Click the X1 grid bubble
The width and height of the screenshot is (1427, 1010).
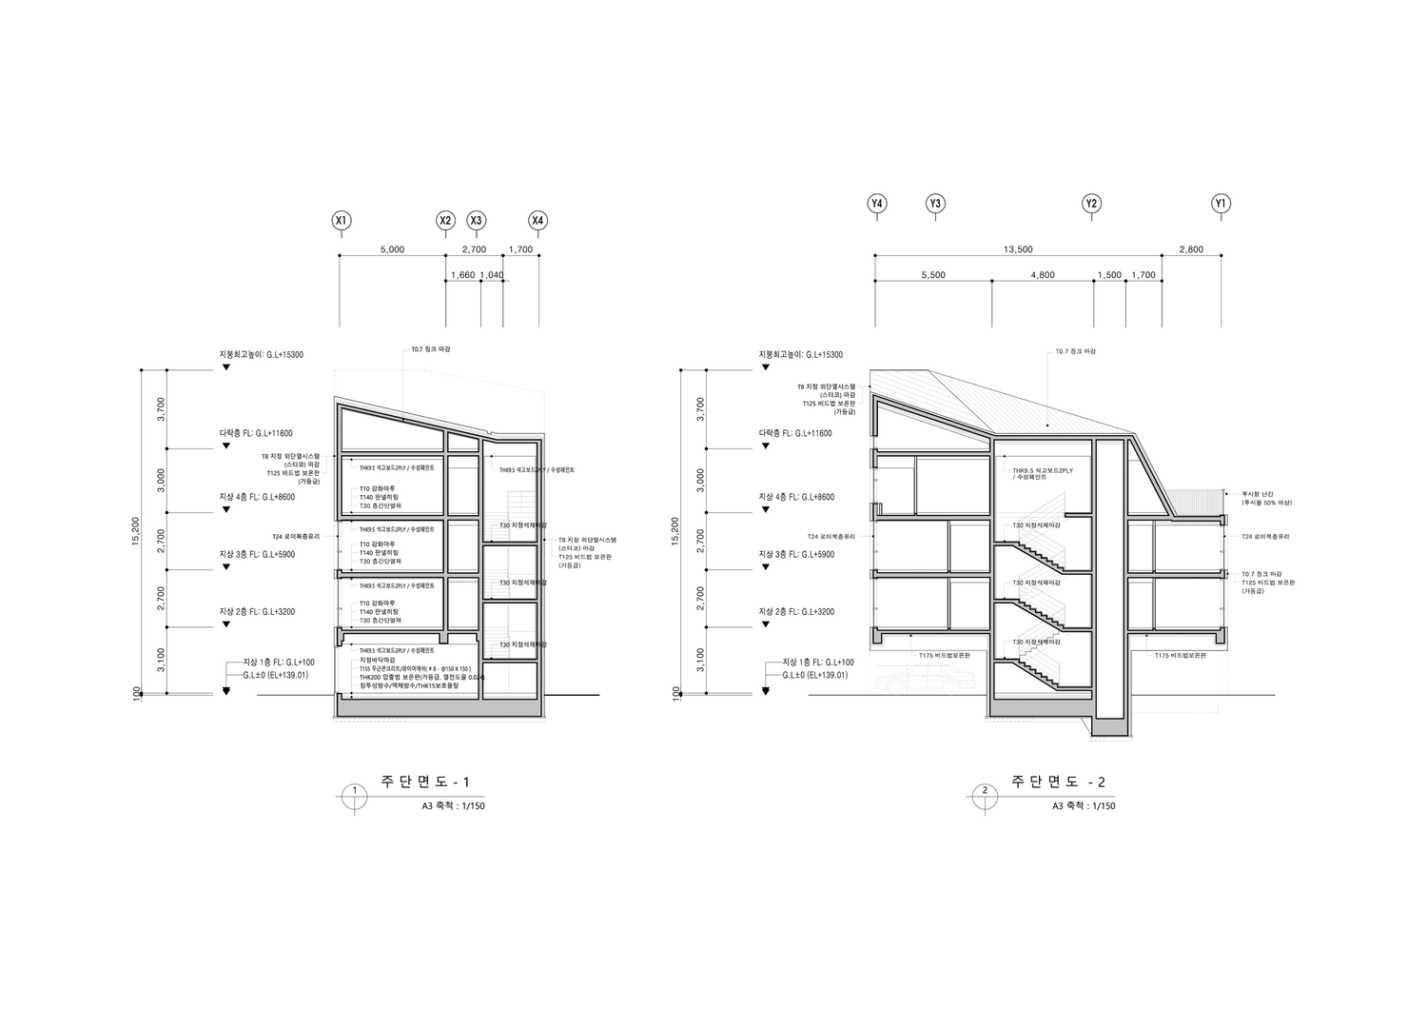pyautogui.click(x=341, y=221)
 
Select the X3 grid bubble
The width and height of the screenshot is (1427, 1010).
pyautogui.click(x=477, y=221)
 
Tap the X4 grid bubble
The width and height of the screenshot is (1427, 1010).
pyautogui.click(x=538, y=221)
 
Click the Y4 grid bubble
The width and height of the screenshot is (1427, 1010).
pyautogui.click(x=877, y=204)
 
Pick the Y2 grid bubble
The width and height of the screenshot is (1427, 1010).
pyautogui.click(x=1092, y=204)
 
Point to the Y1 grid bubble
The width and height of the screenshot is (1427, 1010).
pyautogui.click(x=1222, y=204)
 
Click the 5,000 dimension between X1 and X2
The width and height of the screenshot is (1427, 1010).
pyautogui.click(x=392, y=249)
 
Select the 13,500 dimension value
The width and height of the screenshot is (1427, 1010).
pyautogui.click(x=1018, y=249)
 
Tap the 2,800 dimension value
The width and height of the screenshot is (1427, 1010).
pyautogui.click(x=1191, y=249)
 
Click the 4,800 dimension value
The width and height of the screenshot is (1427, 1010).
pyautogui.click(x=1042, y=275)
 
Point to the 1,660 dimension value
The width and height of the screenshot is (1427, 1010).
pyautogui.click(x=462, y=275)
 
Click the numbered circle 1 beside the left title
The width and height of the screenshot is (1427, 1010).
pyautogui.click(x=354, y=791)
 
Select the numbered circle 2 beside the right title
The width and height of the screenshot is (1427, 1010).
pyautogui.click(x=985, y=791)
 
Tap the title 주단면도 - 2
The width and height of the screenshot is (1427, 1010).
pyautogui.click(x=1058, y=782)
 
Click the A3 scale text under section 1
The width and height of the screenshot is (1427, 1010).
pyautogui.click(x=453, y=806)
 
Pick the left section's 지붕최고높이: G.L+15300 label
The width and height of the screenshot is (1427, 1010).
pyautogui.click(x=262, y=354)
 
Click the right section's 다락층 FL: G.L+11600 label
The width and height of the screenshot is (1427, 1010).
pyautogui.click(x=795, y=433)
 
